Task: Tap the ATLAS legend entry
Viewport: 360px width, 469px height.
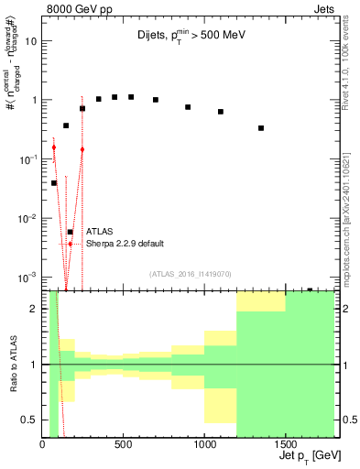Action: pos(99,232)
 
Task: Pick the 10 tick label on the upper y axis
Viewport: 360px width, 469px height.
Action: pos(30,41)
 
